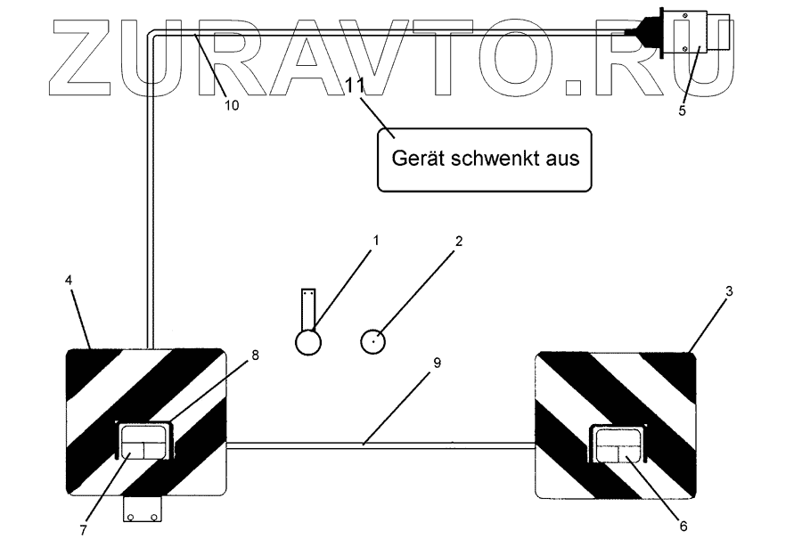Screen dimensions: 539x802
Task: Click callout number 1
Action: point(375,241)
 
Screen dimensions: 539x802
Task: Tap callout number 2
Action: point(457,241)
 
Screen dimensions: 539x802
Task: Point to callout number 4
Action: point(69,279)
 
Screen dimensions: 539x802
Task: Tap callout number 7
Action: point(83,528)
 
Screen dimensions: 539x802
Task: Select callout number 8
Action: point(255,355)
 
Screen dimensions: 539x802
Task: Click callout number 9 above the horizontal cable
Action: point(436,363)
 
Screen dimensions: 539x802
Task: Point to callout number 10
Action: point(231,104)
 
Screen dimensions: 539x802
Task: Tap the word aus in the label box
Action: point(562,159)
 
